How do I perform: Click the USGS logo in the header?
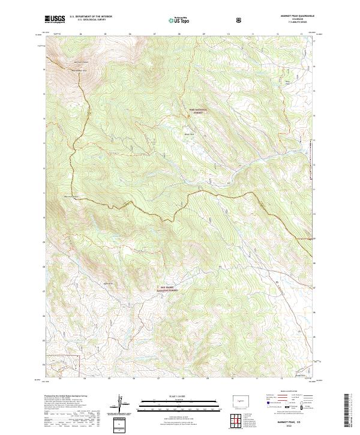[x=55, y=19]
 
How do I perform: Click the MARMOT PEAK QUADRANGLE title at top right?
[x=292, y=16]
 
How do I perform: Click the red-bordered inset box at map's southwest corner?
[x=65, y=363]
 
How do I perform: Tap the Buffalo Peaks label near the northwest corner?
[x=81, y=62]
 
